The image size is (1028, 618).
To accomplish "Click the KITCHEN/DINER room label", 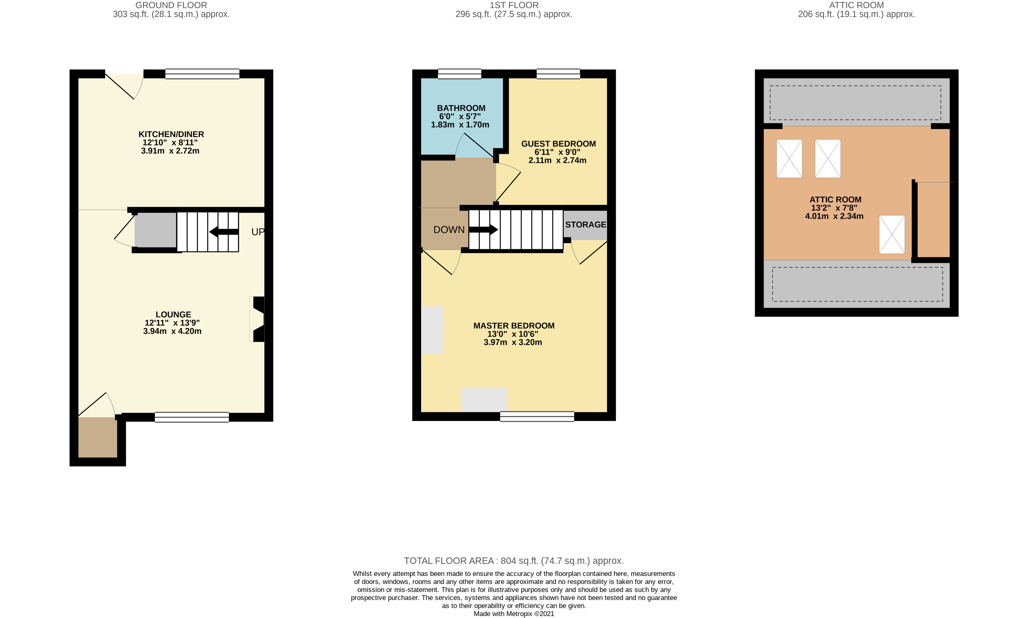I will (x=171, y=134).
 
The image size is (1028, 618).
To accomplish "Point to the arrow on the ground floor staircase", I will (x=224, y=232).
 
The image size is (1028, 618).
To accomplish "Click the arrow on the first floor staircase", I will (x=483, y=229).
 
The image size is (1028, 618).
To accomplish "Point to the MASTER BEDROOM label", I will (x=513, y=326).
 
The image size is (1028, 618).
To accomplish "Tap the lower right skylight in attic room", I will (x=891, y=234).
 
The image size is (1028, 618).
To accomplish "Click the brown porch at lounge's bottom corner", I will (x=98, y=437).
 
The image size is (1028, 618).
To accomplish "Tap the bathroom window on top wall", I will (x=459, y=74).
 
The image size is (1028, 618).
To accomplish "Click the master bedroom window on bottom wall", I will (x=537, y=416).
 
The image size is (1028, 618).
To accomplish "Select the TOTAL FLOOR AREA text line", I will (x=513, y=561).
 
